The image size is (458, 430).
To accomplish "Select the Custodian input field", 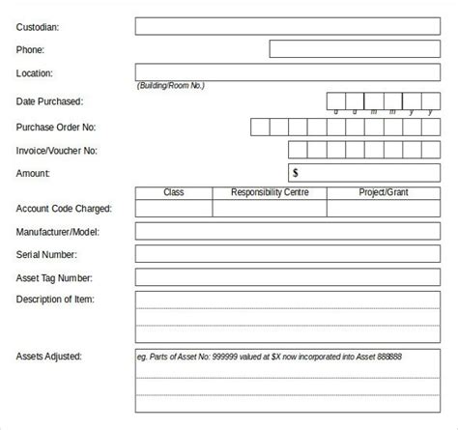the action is [x=289, y=26].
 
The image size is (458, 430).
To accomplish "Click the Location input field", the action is [x=289, y=72].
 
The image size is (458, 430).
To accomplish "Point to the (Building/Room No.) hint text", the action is [x=171, y=86].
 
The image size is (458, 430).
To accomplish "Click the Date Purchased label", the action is [x=49, y=100].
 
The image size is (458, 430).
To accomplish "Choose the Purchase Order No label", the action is [x=55, y=127].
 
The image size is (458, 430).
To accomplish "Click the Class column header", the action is [x=173, y=193].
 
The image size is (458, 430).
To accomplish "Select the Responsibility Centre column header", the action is [x=270, y=193].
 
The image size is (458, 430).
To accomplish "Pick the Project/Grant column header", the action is [x=384, y=193].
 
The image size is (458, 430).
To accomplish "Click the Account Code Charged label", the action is [x=64, y=208].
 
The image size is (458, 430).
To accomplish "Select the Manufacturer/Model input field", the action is [x=289, y=231].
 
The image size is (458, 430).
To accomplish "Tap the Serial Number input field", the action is [x=289, y=254].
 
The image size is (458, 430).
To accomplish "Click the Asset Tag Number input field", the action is [x=289, y=277].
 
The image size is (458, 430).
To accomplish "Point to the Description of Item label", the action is [x=55, y=300].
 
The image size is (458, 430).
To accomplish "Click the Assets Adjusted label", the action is [x=49, y=357].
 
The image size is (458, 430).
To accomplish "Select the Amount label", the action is [x=33, y=173].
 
